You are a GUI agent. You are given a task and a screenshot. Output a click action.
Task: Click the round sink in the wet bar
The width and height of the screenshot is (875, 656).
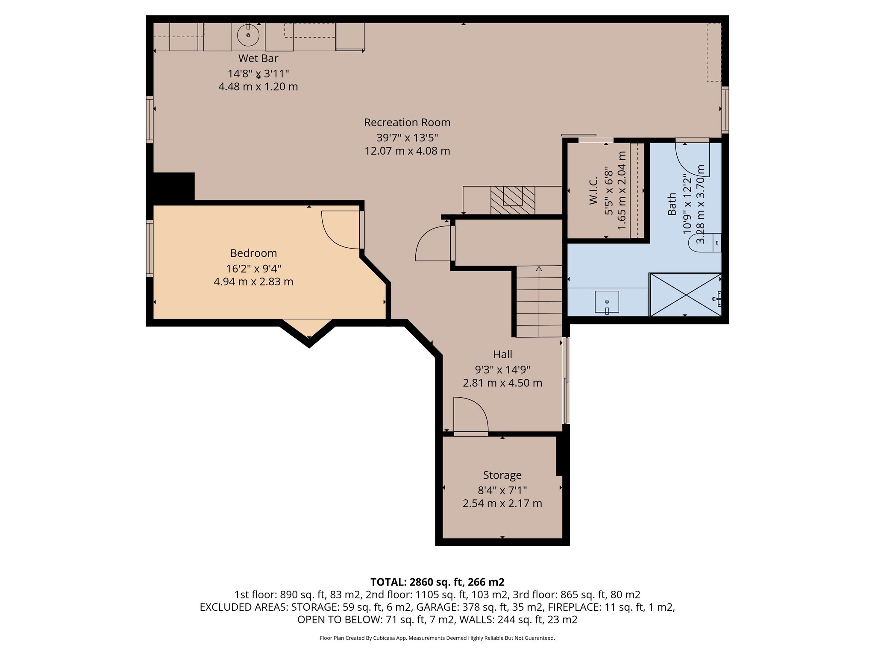point(248,35)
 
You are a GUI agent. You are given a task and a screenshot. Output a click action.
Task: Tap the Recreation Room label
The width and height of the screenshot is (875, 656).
point(407,123)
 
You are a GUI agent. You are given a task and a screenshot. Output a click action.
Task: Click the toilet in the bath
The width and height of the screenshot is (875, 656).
point(705,243)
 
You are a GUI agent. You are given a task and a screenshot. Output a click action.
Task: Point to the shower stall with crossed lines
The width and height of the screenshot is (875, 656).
point(685,295)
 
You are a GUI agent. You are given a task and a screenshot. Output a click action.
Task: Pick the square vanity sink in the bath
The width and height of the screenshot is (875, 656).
point(607,302)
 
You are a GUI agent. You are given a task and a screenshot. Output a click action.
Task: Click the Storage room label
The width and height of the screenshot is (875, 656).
point(502,475)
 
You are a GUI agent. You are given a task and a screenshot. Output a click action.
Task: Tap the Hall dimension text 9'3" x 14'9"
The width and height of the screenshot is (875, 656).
point(502,369)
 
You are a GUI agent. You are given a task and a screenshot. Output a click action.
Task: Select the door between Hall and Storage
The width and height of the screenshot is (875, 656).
point(470,416)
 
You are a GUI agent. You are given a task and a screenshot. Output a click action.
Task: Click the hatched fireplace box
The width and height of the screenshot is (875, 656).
point(513,200)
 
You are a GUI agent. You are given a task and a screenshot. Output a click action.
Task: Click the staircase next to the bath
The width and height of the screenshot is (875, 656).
point(539,301)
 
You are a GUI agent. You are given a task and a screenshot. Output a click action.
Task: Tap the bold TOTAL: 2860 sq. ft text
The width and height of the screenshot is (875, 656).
point(437,582)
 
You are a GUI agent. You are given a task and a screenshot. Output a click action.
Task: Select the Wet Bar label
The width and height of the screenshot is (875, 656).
point(258,59)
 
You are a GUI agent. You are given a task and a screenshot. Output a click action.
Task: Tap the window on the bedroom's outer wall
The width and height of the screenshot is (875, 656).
point(150,248)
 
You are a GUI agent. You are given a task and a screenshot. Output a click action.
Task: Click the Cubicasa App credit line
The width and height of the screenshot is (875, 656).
point(437,638)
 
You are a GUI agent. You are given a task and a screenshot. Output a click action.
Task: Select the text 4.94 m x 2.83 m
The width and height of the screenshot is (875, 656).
point(253,282)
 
